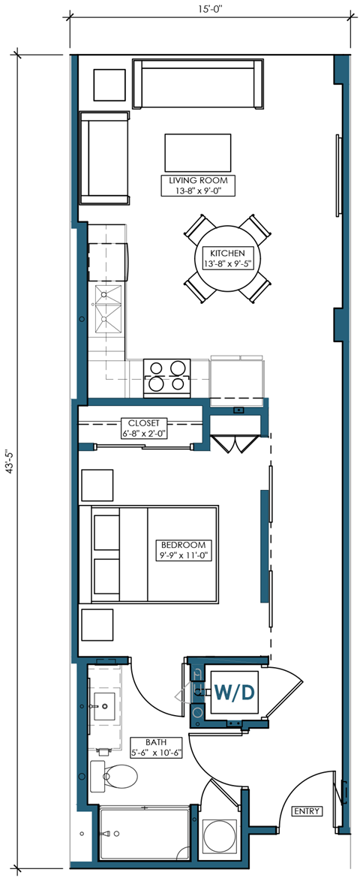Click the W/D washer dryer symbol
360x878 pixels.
tap(235, 690)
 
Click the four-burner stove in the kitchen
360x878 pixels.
tap(166, 375)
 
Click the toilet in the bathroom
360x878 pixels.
tap(109, 777)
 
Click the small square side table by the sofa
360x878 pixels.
tap(109, 86)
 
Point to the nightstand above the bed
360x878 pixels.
tap(97, 486)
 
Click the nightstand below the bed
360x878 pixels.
tap(97, 624)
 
